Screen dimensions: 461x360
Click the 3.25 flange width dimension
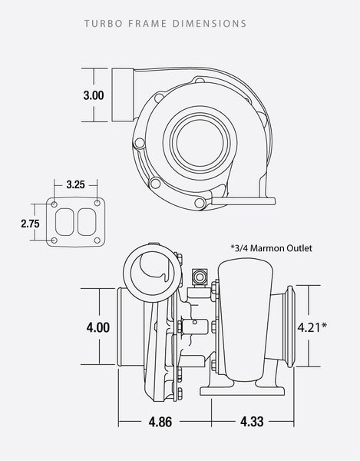[75, 185]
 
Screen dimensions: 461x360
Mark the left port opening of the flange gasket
[67, 224]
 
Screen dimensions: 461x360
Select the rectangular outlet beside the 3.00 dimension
[123, 95]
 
